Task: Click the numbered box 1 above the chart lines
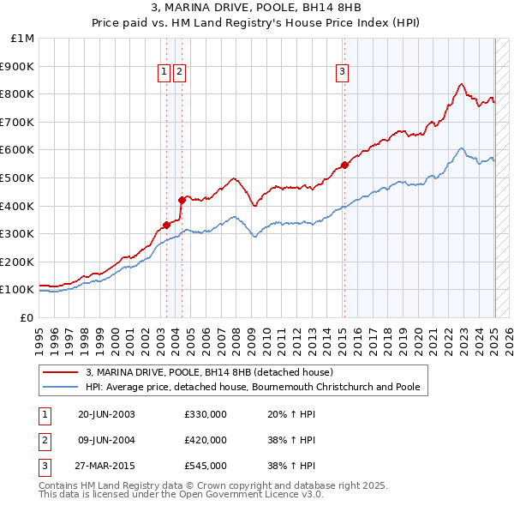pos(163,73)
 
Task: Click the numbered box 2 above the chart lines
pos(179,73)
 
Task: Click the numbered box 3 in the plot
pos(342,73)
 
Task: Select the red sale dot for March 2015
pos(344,165)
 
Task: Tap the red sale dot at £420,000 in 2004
pos(182,200)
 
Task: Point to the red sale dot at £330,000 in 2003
pos(166,225)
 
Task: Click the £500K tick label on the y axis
pos(17,178)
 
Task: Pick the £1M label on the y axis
pos(22,38)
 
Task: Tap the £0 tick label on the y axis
pos(26,317)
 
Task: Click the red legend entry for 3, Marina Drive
pos(215,372)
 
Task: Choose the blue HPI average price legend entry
pos(253,387)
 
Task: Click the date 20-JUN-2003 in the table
pos(106,414)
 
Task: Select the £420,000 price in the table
pos(206,440)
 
